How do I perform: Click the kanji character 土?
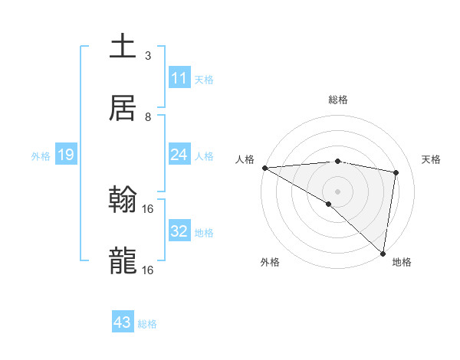pyautogui.click(x=123, y=46)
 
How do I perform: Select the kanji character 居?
pyautogui.click(x=123, y=108)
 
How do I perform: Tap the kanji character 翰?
pyautogui.click(x=123, y=201)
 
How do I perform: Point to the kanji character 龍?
pyautogui.click(x=123, y=261)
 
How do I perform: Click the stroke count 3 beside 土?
pyautogui.click(x=148, y=55)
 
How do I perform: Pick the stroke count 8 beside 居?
pyautogui.click(x=148, y=116)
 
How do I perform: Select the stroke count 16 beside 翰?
pyautogui.click(x=148, y=208)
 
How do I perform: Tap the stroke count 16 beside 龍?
pyautogui.click(x=148, y=270)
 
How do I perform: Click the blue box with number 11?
pyautogui.click(x=179, y=78)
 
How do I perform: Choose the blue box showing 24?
pyautogui.click(x=179, y=155)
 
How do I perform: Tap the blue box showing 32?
pyautogui.click(x=179, y=231)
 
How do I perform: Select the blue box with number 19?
pyautogui.click(x=66, y=155)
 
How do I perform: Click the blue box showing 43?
pyautogui.click(x=123, y=322)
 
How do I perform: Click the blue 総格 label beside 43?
pyautogui.click(x=147, y=324)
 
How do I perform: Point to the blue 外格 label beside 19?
pyautogui.click(x=41, y=156)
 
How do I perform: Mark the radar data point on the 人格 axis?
pyautogui.click(x=264, y=168)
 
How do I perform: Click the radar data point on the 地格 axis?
pyautogui.click(x=383, y=253)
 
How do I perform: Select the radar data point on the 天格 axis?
pyautogui.click(x=396, y=172)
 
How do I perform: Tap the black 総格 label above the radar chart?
pyautogui.click(x=338, y=100)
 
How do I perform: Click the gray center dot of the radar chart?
pyautogui.click(x=337, y=191)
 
